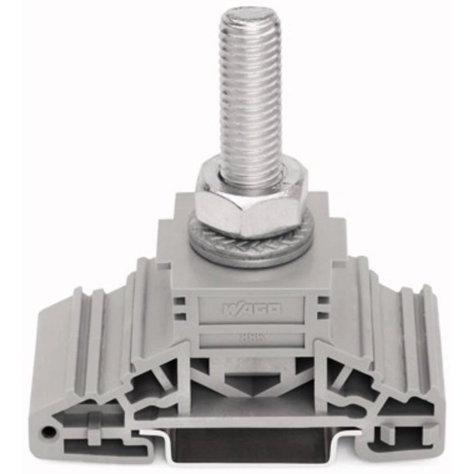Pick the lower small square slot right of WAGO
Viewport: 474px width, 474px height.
pyautogui.click(x=323, y=314)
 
